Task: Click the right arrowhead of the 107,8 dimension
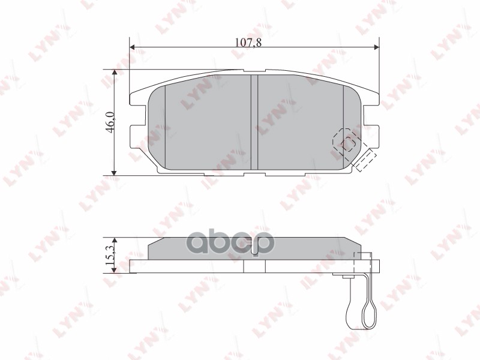point(376,47)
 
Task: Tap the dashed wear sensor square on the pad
point(345,142)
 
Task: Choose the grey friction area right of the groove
point(300,120)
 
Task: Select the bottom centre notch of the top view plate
point(254,174)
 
